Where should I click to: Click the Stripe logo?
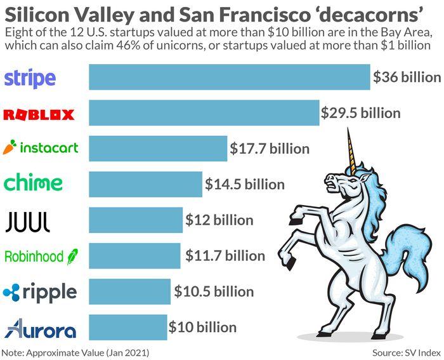(30, 78)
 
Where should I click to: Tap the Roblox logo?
(39, 114)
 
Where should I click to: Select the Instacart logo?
(41, 148)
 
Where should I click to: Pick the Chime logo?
(33, 183)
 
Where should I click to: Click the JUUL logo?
(27, 221)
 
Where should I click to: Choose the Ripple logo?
(39, 292)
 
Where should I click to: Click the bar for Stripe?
(229, 77)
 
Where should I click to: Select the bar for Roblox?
(204, 113)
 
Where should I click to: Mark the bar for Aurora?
(127, 328)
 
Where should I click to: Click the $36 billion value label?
(407, 77)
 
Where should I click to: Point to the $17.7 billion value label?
(270, 149)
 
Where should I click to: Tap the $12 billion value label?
(219, 220)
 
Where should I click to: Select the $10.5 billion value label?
(214, 292)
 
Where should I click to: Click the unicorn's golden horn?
(350, 149)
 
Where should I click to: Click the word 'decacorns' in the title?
(364, 14)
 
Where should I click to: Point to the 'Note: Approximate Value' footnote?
(75, 352)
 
